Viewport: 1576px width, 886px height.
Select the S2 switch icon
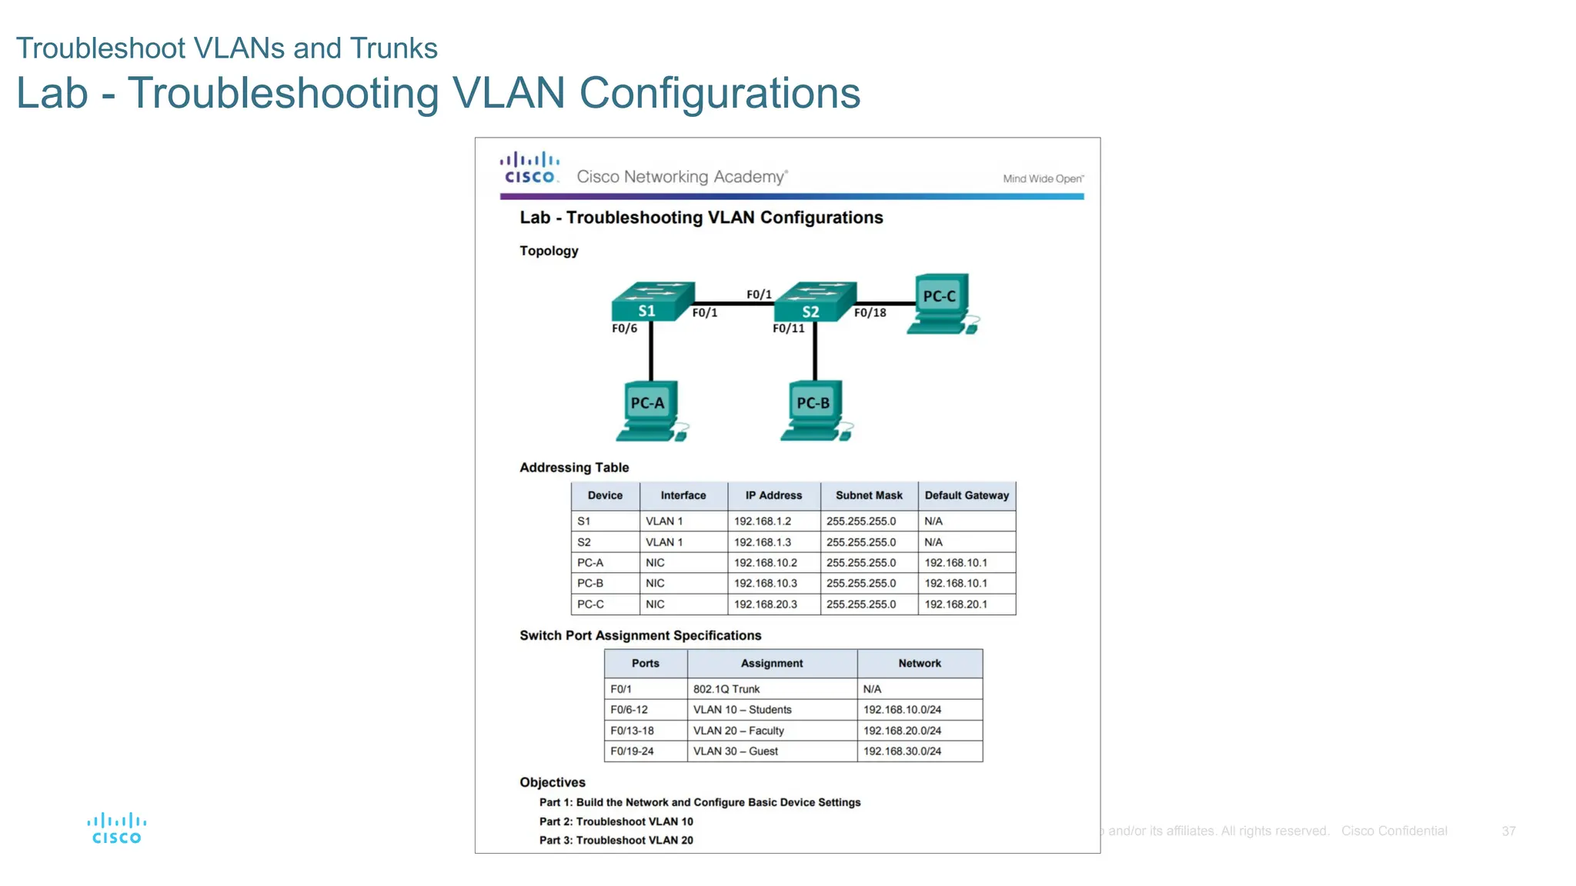click(814, 301)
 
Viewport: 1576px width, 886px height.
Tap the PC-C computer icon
click(941, 304)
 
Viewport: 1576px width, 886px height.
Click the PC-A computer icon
click(650, 411)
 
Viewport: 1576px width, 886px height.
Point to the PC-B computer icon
click(816, 411)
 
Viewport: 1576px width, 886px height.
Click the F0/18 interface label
click(870, 313)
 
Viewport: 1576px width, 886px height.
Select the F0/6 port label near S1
click(624, 328)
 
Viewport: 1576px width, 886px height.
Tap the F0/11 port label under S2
click(788, 328)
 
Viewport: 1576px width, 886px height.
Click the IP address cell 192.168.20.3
click(765, 605)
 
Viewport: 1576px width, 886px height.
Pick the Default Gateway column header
click(966, 496)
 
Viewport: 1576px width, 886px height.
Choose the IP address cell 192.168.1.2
click(762, 521)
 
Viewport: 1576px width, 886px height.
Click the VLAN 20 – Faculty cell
click(738, 731)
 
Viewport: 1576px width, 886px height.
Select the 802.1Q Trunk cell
click(726, 689)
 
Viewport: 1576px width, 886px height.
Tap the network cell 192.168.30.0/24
click(902, 751)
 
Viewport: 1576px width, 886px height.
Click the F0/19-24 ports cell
click(632, 751)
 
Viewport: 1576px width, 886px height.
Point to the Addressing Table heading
click(573, 468)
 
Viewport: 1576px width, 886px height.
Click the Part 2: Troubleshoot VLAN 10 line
click(616, 821)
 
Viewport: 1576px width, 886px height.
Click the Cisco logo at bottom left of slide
click(116, 828)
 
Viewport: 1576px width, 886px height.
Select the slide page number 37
click(1508, 831)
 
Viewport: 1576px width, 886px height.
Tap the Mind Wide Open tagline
click(1043, 178)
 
